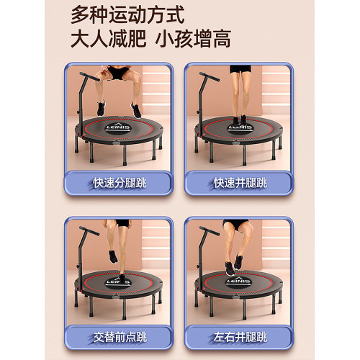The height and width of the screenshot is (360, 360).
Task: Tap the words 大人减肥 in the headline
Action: (x=108, y=40)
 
